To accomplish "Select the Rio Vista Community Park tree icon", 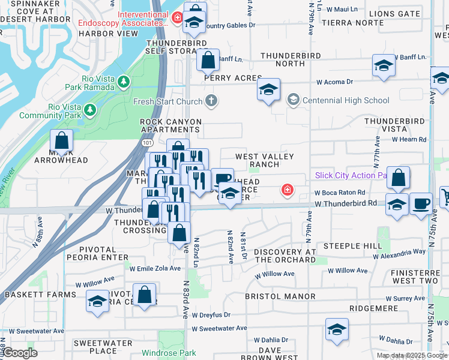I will pyautogui.click(x=89, y=110).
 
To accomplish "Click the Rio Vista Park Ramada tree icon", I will pyautogui.click(x=124, y=81).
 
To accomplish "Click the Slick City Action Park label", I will pyautogui.click(x=351, y=176).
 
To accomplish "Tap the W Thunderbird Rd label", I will pyautogui.click(x=345, y=203).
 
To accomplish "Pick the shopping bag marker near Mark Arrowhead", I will pyautogui.click(x=61, y=140).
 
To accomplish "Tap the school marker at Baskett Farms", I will pyautogui.click(x=97, y=301).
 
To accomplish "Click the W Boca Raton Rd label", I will pyautogui.click(x=340, y=193).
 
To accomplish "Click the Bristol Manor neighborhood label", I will pyautogui.click(x=280, y=296).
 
